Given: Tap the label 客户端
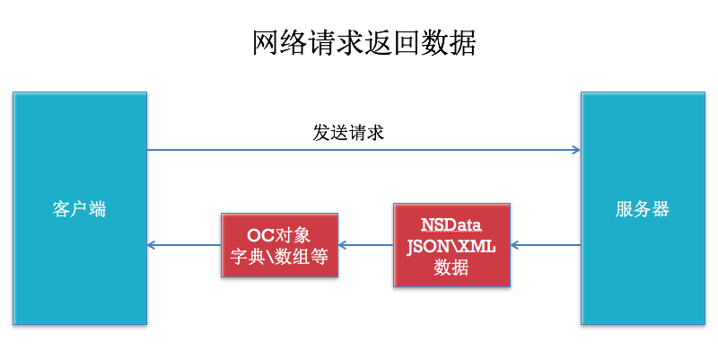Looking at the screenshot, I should (x=79, y=209).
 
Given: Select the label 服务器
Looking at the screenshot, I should (x=642, y=209).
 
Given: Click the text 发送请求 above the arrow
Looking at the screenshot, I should (x=348, y=133).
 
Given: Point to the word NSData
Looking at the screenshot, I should (x=451, y=224).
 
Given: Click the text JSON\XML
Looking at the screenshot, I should (x=451, y=245).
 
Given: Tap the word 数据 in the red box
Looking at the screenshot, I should (x=451, y=267).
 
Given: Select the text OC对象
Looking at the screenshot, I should (x=278, y=235).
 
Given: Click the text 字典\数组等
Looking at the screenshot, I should (x=279, y=257).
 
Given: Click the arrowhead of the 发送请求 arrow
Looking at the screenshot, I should (x=576, y=150).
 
